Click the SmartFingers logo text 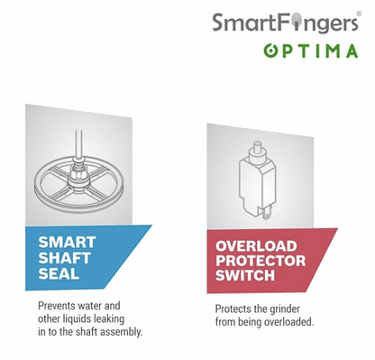tap(285, 23)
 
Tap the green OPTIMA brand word tap(311, 51)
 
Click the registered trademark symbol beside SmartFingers tap(359, 14)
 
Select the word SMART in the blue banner tap(67, 243)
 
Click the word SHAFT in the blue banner tap(64, 258)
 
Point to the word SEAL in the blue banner tap(59, 274)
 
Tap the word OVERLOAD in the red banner tap(256, 246)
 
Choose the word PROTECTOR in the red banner tap(261, 261)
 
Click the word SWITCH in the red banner tap(245, 275)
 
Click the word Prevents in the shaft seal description tap(57, 306)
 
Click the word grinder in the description tap(285, 309)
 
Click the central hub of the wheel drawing tap(78, 177)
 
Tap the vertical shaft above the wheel tap(79, 143)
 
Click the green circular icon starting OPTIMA tap(270, 51)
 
